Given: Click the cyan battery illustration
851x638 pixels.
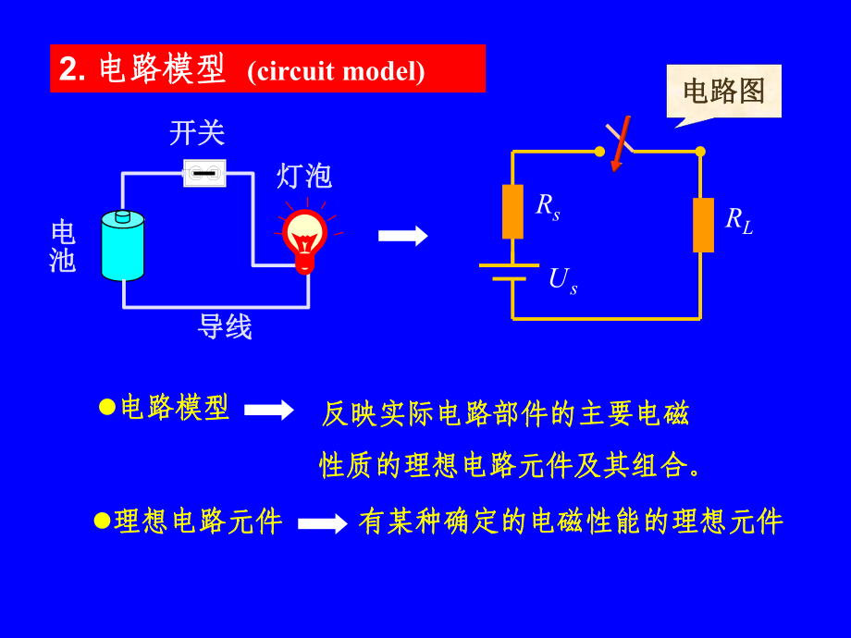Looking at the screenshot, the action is pyautogui.click(x=123, y=245).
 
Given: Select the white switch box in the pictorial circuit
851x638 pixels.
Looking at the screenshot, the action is pyautogui.click(x=204, y=173).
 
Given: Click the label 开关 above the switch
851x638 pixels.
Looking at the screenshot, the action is pyautogui.click(x=197, y=133).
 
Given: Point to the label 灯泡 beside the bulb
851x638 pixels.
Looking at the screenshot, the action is pyautogui.click(x=304, y=176).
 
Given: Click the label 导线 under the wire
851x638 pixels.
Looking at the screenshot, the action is pyautogui.click(x=225, y=326).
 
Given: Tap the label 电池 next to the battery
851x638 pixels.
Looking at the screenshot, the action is pyautogui.click(x=63, y=246).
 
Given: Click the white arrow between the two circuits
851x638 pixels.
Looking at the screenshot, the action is pyautogui.click(x=402, y=236).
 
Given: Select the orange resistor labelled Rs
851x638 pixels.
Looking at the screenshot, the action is pyautogui.click(x=512, y=212).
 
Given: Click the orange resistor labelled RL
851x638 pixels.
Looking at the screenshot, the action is pyautogui.click(x=703, y=225).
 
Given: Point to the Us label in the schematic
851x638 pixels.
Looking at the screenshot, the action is pyautogui.click(x=562, y=281).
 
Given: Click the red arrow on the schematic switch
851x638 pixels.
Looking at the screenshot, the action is pyautogui.click(x=621, y=143).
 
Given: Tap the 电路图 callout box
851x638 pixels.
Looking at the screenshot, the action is pyautogui.click(x=724, y=92).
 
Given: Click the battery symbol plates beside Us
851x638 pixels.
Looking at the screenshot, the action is pyautogui.click(x=509, y=272).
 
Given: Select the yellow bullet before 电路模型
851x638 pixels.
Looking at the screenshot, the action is pyautogui.click(x=107, y=407).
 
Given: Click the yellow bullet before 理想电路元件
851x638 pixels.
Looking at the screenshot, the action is pyautogui.click(x=102, y=521).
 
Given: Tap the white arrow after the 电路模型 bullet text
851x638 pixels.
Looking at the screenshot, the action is pyautogui.click(x=269, y=410).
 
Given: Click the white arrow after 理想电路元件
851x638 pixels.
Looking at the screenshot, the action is pyautogui.click(x=323, y=523).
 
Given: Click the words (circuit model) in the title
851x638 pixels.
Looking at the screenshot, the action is pyautogui.click(x=336, y=71).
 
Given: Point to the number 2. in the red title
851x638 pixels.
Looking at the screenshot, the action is pyautogui.click(x=72, y=69).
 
